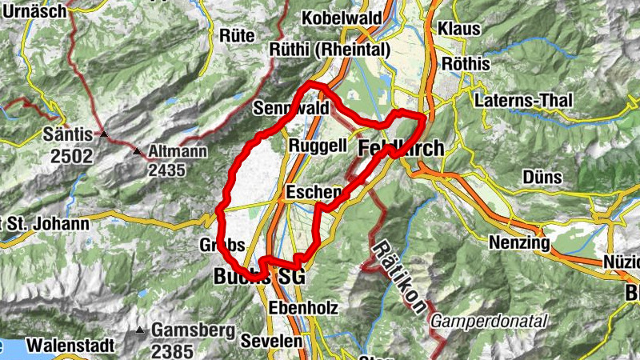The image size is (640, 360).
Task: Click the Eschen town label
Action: click(x=314, y=193)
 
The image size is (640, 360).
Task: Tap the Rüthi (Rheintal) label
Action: click(x=330, y=50)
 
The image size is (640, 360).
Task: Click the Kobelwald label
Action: click(x=339, y=18)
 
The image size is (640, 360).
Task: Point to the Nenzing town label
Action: click(x=518, y=242)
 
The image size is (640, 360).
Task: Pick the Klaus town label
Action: click(x=458, y=28)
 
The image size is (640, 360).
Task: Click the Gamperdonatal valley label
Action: click(x=489, y=321)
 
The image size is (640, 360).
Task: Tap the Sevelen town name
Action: click(x=274, y=340)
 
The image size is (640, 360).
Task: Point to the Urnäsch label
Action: click(x=30, y=10)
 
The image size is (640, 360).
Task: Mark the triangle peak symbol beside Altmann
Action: click(x=137, y=151)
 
